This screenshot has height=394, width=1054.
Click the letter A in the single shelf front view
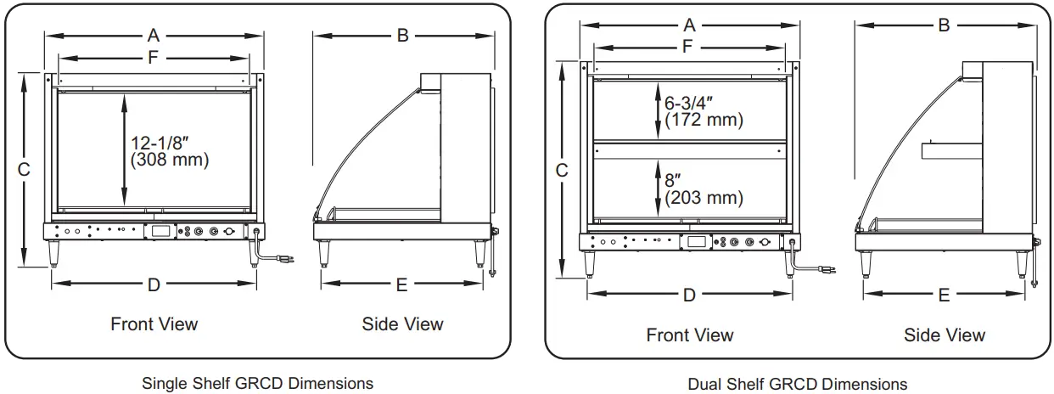coord(154,35)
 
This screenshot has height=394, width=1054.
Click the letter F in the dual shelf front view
coord(688,47)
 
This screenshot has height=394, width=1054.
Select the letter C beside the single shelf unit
coord(24,170)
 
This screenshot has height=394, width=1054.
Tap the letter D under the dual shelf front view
coord(689,295)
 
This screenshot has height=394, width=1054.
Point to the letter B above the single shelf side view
coord(403,35)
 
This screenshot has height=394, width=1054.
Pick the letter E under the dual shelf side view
coord(944,295)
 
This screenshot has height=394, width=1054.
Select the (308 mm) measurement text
coord(170,159)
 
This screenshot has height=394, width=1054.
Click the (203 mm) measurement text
coord(704,198)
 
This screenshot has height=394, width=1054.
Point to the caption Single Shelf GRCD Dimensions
coord(257,383)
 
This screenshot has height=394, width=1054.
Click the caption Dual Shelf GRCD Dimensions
coord(797,384)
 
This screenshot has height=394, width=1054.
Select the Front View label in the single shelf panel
coord(154,324)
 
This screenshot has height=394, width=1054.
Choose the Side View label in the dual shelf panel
coord(945,335)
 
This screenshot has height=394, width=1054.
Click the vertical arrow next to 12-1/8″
coord(125,149)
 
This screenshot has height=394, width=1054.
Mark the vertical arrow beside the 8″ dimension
coord(659,188)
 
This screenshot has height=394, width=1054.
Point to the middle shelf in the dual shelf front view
coord(688,143)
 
